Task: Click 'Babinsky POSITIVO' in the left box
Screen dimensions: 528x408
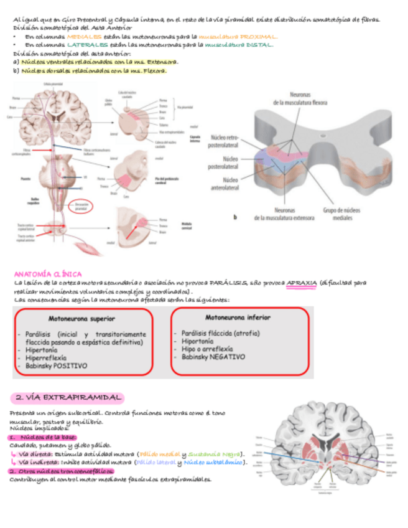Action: (57, 367)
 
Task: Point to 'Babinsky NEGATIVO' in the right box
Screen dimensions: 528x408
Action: (213, 357)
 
